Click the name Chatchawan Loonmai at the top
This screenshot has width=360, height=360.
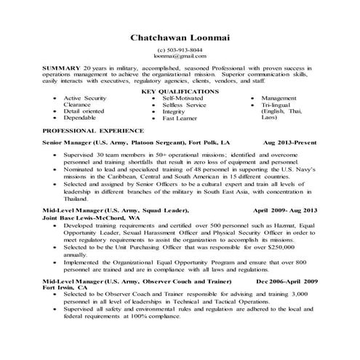point(180,36)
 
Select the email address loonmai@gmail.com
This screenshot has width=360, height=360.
point(180,56)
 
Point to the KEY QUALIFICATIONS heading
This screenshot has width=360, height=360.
point(180,92)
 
